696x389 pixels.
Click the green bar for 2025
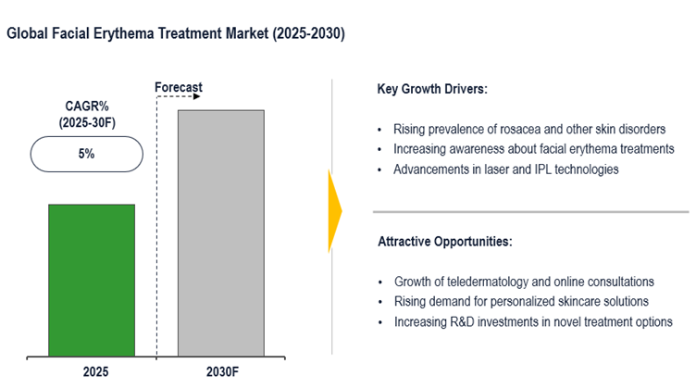(92, 279)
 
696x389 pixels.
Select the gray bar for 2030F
(220, 232)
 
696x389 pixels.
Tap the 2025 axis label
(92, 372)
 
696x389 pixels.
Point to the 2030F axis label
(220, 372)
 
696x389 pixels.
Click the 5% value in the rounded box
(85, 155)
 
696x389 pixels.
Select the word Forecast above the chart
(178, 88)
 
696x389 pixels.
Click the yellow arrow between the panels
(335, 212)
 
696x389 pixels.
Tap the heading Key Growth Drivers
(432, 91)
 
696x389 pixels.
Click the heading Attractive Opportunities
(444, 242)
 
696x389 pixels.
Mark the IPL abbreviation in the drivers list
(543, 169)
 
